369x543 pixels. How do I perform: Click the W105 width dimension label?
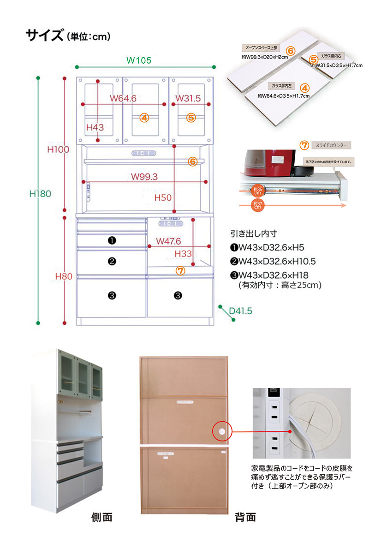point(138,60)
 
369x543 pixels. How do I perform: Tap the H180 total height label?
point(40,194)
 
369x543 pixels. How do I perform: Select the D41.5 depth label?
point(241,311)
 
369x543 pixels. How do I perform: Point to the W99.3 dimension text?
point(144,176)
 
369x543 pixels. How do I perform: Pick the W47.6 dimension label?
point(168,241)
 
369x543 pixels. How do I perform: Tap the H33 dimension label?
point(183,253)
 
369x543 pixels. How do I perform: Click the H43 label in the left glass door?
point(95,127)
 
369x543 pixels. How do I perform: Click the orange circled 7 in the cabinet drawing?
point(180,271)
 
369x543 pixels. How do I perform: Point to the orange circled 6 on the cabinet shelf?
point(193,161)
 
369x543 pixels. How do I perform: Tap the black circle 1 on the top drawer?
point(112,240)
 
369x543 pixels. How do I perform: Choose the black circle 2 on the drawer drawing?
point(112,261)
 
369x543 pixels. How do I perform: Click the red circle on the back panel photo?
point(221,431)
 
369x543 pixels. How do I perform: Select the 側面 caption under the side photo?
point(101,517)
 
